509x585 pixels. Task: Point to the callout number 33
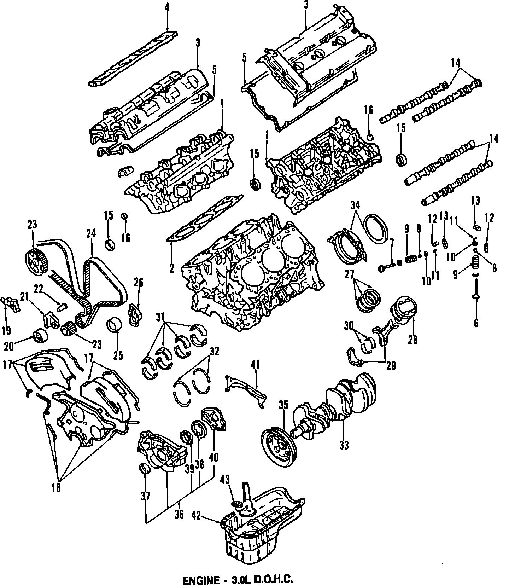coord(344,445)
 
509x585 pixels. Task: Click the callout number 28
coord(413,340)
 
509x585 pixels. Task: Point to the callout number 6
coord(476,323)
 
